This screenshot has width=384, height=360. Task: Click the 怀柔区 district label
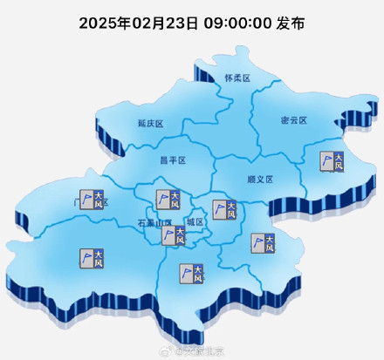click(x=236, y=78)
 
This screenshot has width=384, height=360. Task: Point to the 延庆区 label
click(x=150, y=124)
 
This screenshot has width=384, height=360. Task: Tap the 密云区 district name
click(x=293, y=119)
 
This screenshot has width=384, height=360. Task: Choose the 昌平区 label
click(x=173, y=160)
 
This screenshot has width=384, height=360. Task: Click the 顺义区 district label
click(x=259, y=179)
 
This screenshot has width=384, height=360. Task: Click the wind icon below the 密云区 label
click(x=332, y=162)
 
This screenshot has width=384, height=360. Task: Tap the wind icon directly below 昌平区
click(x=168, y=200)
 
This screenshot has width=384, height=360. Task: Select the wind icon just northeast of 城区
click(x=224, y=209)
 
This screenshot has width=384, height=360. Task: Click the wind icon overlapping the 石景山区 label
click(x=174, y=234)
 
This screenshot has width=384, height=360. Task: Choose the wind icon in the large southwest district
click(x=91, y=257)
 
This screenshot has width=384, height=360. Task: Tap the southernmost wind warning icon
click(x=192, y=273)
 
